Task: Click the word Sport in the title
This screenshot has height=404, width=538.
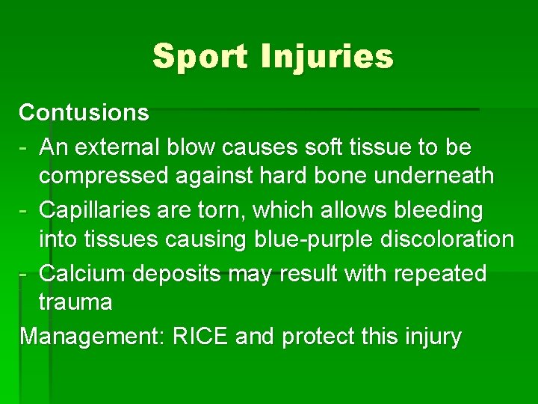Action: (200, 57)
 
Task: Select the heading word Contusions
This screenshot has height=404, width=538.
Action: (84, 113)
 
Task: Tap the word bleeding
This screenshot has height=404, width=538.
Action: (430, 210)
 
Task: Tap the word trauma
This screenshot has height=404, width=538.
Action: (75, 302)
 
